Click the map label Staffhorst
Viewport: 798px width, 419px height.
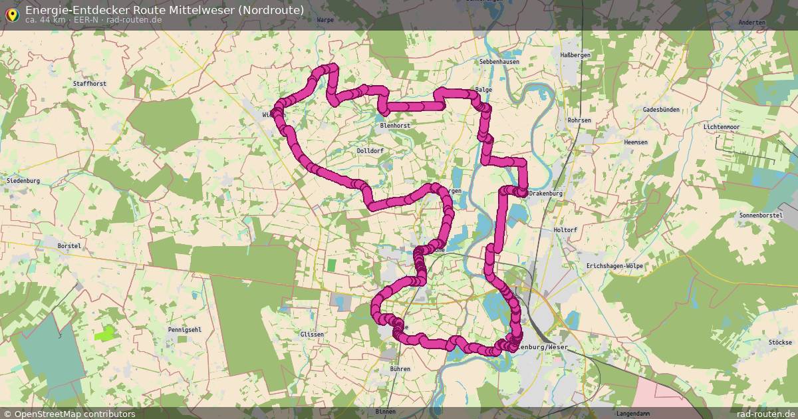click(90, 84)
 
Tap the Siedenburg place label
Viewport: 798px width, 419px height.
click(23, 181)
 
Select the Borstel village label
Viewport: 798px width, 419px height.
click(69, 246)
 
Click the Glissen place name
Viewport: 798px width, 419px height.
click(312, 334)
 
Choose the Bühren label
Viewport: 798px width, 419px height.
click(400, 368)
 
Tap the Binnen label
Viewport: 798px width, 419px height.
click(385, 412)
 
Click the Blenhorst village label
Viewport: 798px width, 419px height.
click(394, 125)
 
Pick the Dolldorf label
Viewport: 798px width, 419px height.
click(370, 151)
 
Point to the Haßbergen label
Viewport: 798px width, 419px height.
click(575, 55)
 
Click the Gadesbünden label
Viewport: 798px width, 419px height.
click(661, 109)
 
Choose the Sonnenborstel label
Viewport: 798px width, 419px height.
click(759, 216)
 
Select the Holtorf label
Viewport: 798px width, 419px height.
click(566, 230)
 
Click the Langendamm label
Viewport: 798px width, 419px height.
click(632, 413)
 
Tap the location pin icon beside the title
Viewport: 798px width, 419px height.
click(11, 14)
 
